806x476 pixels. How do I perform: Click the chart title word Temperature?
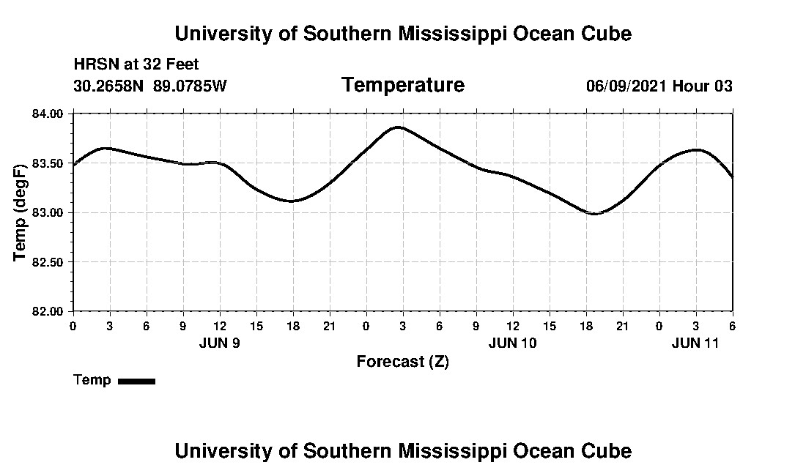pyautogui.click(x=402, y=85)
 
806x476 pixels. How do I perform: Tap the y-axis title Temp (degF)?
pyautogui.click(x=20, y=212)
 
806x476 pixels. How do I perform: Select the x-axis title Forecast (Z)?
pyautogui.click(x=402, y=361)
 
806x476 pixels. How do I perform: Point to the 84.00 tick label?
pyautogui.click(x=48, y=114)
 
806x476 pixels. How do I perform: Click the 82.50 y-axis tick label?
pyautogui.click(x=48, y=262)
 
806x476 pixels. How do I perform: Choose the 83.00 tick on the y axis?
pyautogui.click(x=48, y=212)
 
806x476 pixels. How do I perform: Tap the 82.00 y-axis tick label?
pyautogui.click(x=48, y=311)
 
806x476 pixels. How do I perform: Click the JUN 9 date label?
pyautogui.click(x=219, y=343)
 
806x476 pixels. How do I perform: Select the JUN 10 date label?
pyautogui.click(x=512, y=343)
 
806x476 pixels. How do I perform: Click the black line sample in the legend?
pyautogui.click(x=136, y=381)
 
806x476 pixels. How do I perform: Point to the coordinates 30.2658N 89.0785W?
pyautogui.click(x=150, y=86)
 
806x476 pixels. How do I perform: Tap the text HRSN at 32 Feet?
pyautogui.click(x=136, y=64)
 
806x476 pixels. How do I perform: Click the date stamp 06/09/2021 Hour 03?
pyautogui.click(x=659, y=86)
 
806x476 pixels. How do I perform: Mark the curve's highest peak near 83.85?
pyautogui.click(x=398, y=127)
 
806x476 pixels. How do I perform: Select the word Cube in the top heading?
pyautogui.click(x=605, y=34)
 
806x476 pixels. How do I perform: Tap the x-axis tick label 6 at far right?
pyautogui.click(x=732, y=326)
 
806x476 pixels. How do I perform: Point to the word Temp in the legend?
pyautogui.click(x=92, y=380)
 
